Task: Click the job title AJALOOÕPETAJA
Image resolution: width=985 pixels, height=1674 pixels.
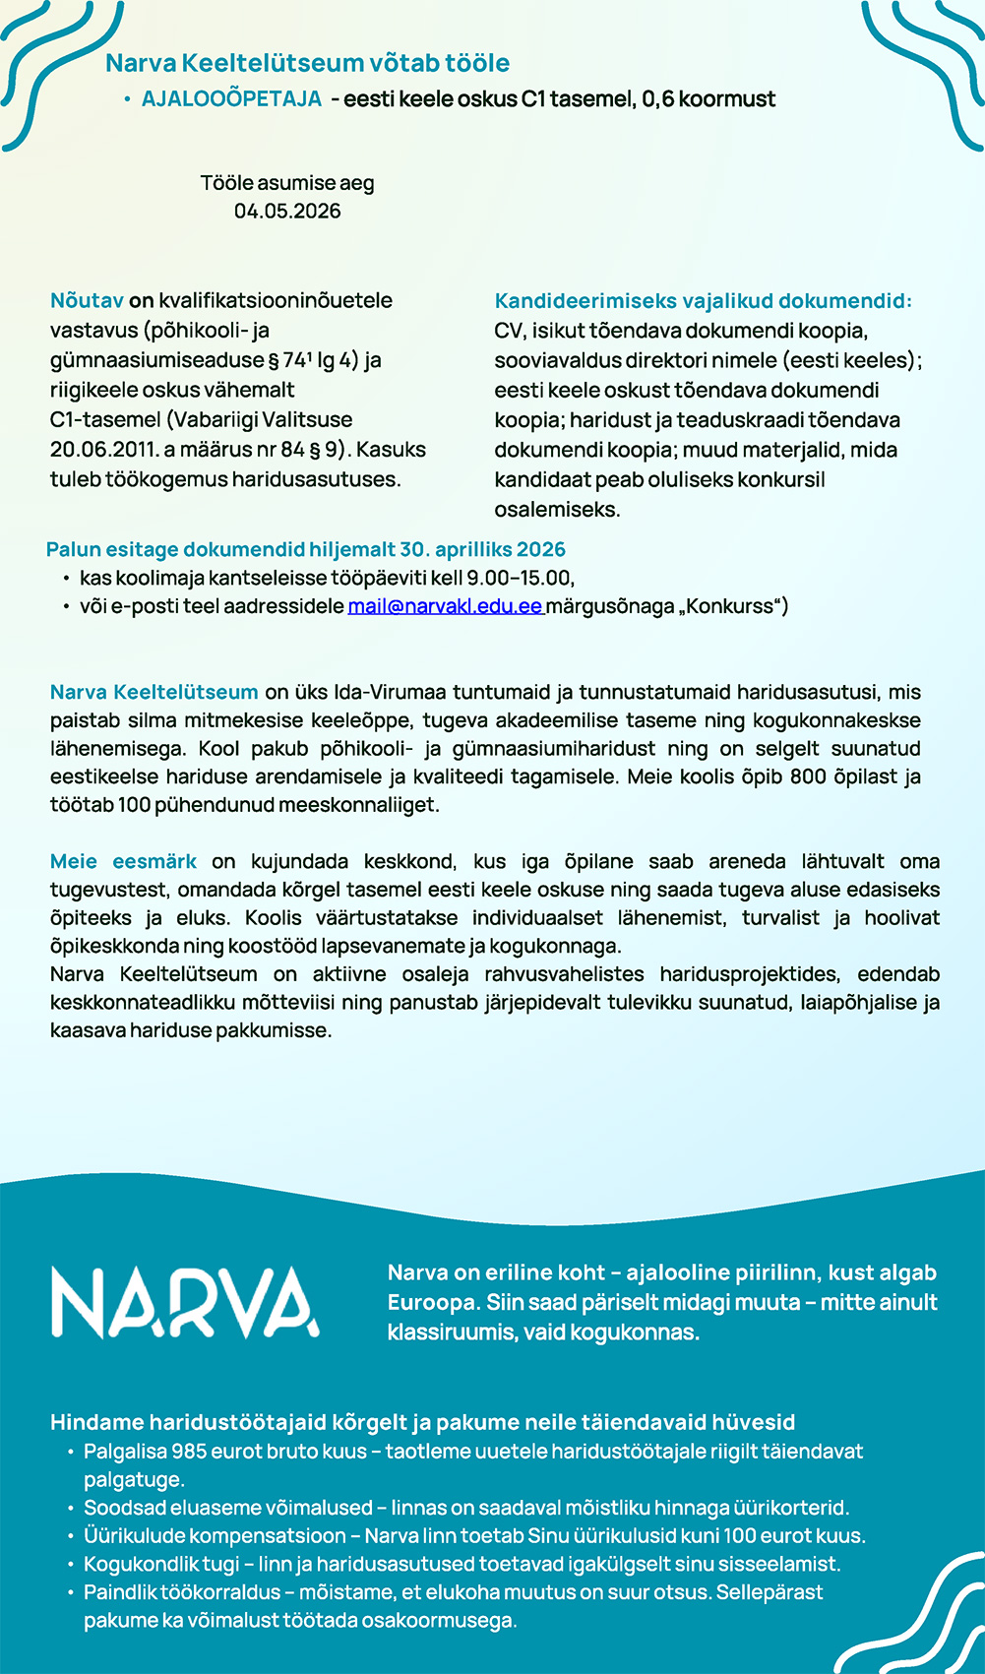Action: [231, 99]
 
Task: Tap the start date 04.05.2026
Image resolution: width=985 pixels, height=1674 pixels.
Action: [287, 212]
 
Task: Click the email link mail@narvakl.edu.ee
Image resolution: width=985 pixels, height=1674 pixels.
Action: [445, 606]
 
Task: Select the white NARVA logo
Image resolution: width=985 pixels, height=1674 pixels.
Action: [185, 1303]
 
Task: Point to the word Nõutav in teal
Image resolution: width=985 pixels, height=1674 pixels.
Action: [87, 300]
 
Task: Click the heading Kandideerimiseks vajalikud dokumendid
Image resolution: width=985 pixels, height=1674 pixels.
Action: [703, 300]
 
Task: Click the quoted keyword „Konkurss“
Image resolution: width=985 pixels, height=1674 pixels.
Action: [729, 606]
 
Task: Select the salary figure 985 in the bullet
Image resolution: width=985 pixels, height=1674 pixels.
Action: [189, 1452]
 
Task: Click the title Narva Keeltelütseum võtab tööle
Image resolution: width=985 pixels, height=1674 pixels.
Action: [307, 63]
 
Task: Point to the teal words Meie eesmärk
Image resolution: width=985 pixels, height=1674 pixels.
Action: [123, 862]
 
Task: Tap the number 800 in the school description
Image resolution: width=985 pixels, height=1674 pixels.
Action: [808, 776]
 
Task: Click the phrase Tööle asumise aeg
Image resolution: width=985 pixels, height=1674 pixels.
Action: [287, 183]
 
